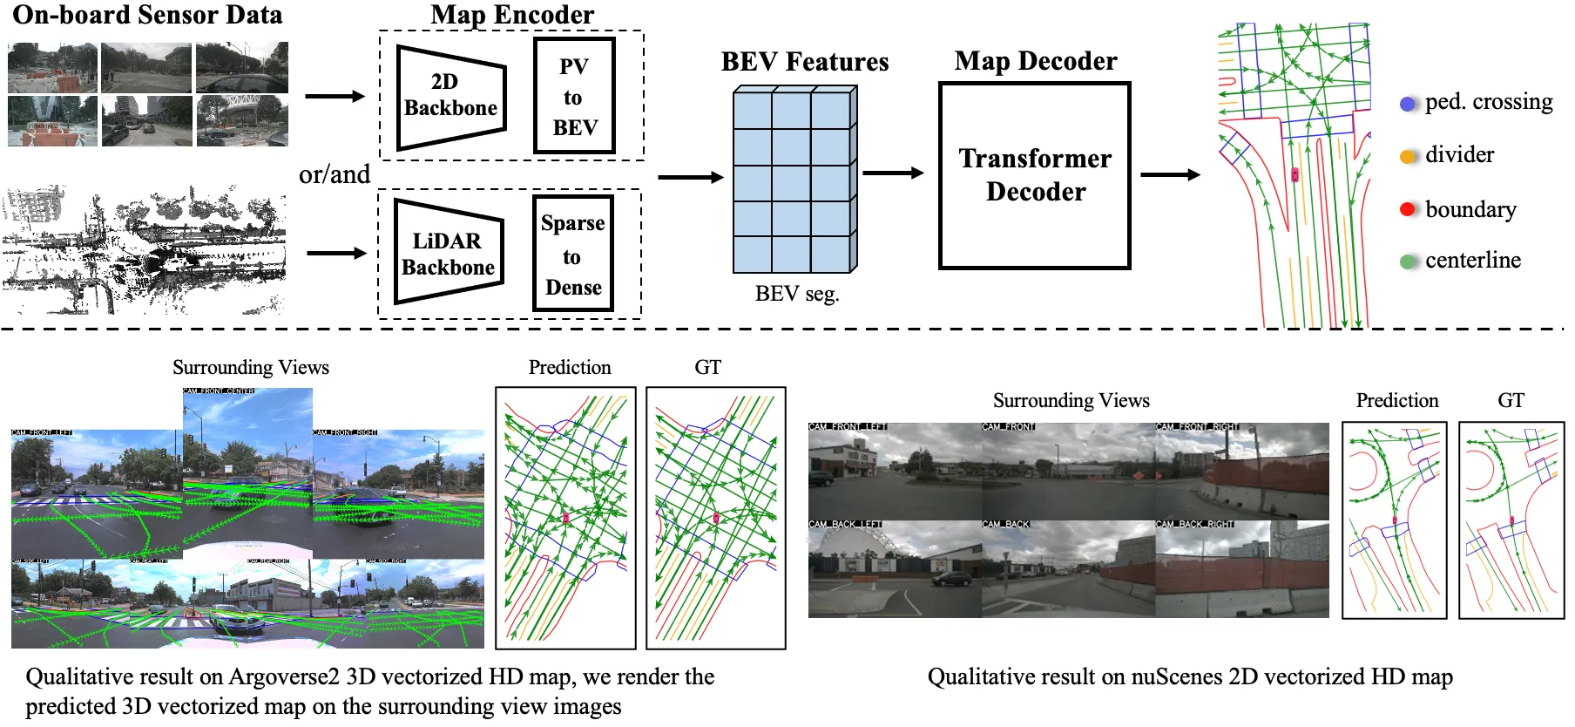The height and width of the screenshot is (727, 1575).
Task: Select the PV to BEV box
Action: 574,96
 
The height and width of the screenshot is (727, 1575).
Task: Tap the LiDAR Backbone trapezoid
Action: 448,253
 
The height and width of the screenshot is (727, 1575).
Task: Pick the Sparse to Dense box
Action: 573,254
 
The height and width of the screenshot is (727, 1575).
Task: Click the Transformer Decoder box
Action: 1035,175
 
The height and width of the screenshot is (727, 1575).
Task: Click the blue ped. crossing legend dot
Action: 1408,104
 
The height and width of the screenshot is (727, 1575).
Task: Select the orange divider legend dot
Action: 1408,157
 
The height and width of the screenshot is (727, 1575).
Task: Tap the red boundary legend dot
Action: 1408,209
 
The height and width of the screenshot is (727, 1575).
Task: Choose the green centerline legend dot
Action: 1408,261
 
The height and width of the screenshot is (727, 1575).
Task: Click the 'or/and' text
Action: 335,174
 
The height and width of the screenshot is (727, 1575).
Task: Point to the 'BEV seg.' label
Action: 797,294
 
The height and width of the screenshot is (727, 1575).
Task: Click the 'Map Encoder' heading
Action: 512,14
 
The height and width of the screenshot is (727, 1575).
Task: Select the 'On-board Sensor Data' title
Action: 147,14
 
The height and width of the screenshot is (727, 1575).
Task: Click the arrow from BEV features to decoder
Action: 893,173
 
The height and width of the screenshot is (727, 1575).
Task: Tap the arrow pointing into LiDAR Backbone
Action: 336,254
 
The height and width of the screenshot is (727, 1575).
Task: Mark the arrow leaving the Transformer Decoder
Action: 1170,175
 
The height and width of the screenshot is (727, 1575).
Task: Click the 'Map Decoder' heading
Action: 1035,61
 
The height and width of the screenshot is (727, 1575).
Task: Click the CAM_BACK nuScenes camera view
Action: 1068,568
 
